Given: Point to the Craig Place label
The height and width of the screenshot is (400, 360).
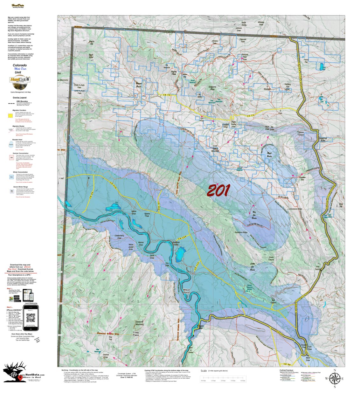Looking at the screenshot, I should [136, 334].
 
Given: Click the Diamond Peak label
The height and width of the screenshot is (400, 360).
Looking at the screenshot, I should [212, 88].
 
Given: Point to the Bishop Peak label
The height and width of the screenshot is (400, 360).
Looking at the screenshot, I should [174, 73].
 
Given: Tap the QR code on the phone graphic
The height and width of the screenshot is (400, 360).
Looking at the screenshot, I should [31, 318].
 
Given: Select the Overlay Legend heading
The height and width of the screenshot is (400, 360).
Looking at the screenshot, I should [20, 97].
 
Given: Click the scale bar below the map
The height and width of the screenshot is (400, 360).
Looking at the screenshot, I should [223, 378].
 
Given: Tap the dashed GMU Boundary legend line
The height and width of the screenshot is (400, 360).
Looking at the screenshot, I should [11, 104].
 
